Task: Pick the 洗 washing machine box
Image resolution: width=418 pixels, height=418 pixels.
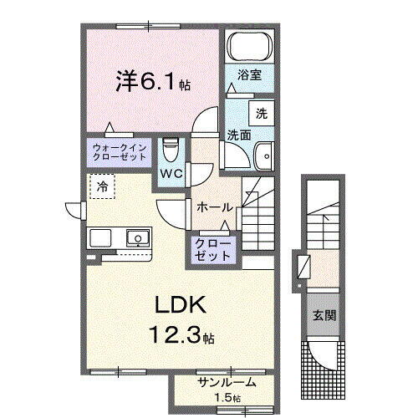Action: pos(262,114)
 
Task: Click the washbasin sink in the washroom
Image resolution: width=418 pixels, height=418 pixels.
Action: pos(264,155)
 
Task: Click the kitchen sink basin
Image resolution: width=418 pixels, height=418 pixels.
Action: pos(136,238)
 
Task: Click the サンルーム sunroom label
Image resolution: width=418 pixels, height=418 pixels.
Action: pos(227,383)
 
